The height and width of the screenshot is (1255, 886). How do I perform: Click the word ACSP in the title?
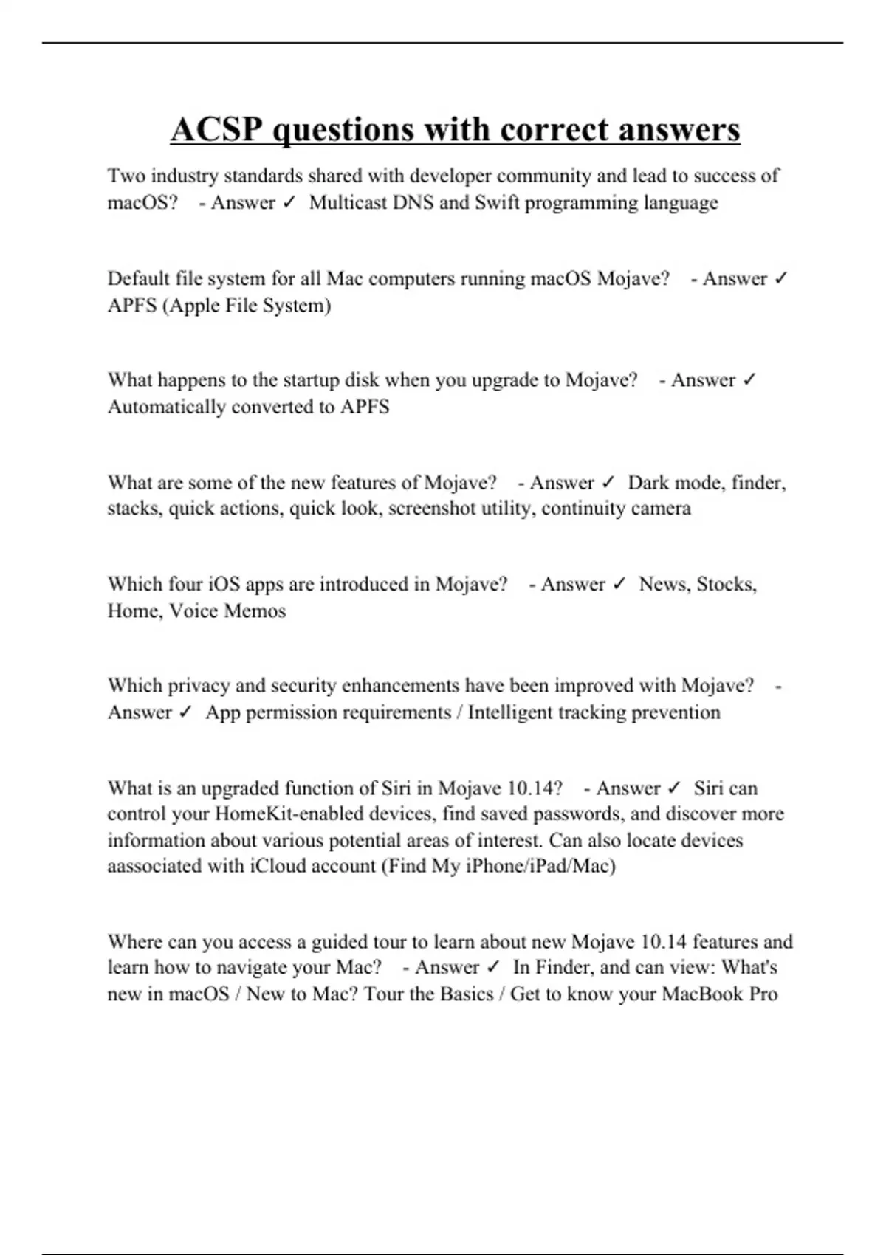pos(216,130)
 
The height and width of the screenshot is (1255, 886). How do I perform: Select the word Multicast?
pos(348,202)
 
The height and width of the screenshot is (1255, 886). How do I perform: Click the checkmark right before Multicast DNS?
pos(289,202)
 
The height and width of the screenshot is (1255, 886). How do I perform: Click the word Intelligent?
pos(510,712)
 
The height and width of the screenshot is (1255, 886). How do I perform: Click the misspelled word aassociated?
pos(154,865)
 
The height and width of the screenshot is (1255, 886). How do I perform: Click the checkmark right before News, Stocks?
pos(619,584)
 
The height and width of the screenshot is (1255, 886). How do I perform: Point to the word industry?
pos(184,176)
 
